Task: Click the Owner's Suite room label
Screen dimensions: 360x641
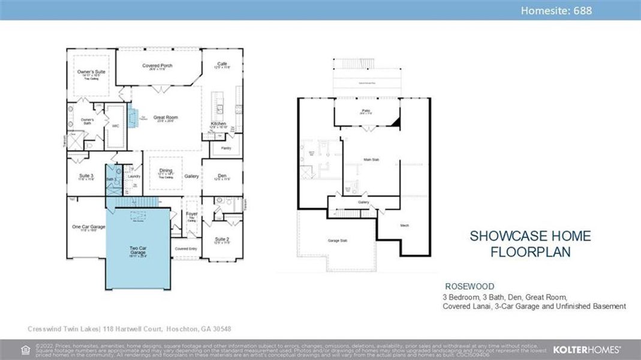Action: point(91,72)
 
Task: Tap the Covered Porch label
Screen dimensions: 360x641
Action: point(157,65)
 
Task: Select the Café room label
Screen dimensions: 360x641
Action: point(222,64)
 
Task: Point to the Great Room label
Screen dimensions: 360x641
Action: point(165,118)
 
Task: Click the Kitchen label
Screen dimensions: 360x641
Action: point(218,124)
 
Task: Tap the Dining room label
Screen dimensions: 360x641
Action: point(165,171)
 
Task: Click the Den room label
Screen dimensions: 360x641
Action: point(222,176)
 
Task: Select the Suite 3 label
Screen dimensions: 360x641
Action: point(87,176)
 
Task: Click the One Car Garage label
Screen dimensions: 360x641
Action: point(85,227)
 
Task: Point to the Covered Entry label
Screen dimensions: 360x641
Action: point(186,248)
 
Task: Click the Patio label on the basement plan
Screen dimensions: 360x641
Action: point(366,111)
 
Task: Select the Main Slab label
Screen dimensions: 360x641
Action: point(371,160)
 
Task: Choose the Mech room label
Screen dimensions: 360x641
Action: point(404,226)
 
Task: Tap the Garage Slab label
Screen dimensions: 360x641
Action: point(338,240)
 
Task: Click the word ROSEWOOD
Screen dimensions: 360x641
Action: point(470,287)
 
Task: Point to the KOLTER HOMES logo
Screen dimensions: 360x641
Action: point(586,349)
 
